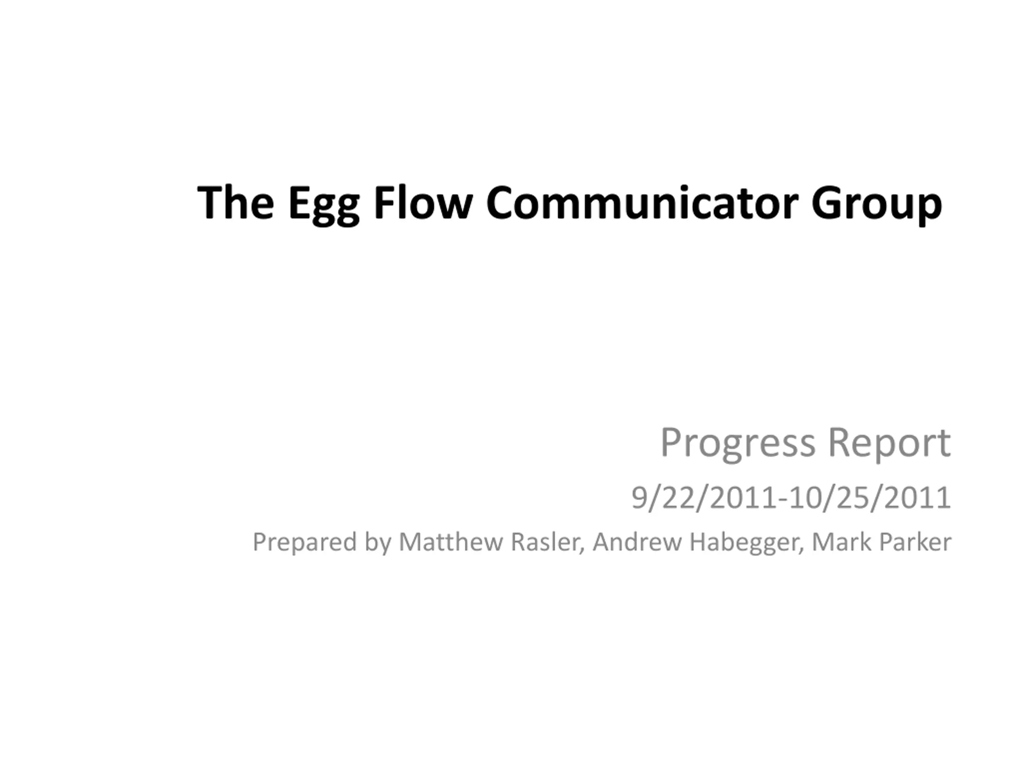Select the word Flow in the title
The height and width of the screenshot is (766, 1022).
[423, 201]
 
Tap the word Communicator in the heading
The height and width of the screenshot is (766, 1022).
[642, 202]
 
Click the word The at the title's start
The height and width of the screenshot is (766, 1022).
[236, 202]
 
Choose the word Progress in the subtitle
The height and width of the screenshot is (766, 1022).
[738, 444]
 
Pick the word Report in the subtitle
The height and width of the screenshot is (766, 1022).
[889, 444]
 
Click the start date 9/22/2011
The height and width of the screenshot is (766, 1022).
[705, 498]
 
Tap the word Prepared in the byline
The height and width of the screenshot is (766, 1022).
[305, 543]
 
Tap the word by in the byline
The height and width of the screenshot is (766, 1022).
[378, 543]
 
